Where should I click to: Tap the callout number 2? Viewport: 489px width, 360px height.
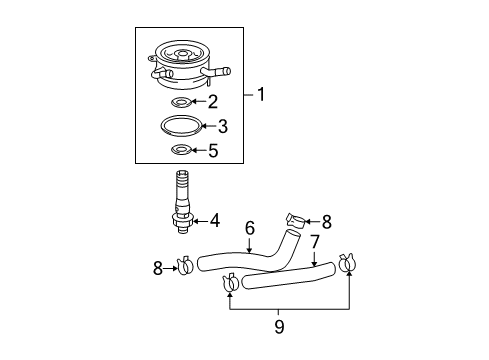pos(211,101)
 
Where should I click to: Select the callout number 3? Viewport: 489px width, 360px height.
pos(223,126)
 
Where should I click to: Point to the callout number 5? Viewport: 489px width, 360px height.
pos(211,152)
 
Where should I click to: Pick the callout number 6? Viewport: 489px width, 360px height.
pos(250,228)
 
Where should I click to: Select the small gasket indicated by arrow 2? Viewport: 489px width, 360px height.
pos(183,101)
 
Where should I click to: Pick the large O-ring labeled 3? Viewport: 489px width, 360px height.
pos(184,126)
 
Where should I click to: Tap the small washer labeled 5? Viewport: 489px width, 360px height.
pos(183,151)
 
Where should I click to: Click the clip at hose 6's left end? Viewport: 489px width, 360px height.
pos(186,267)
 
